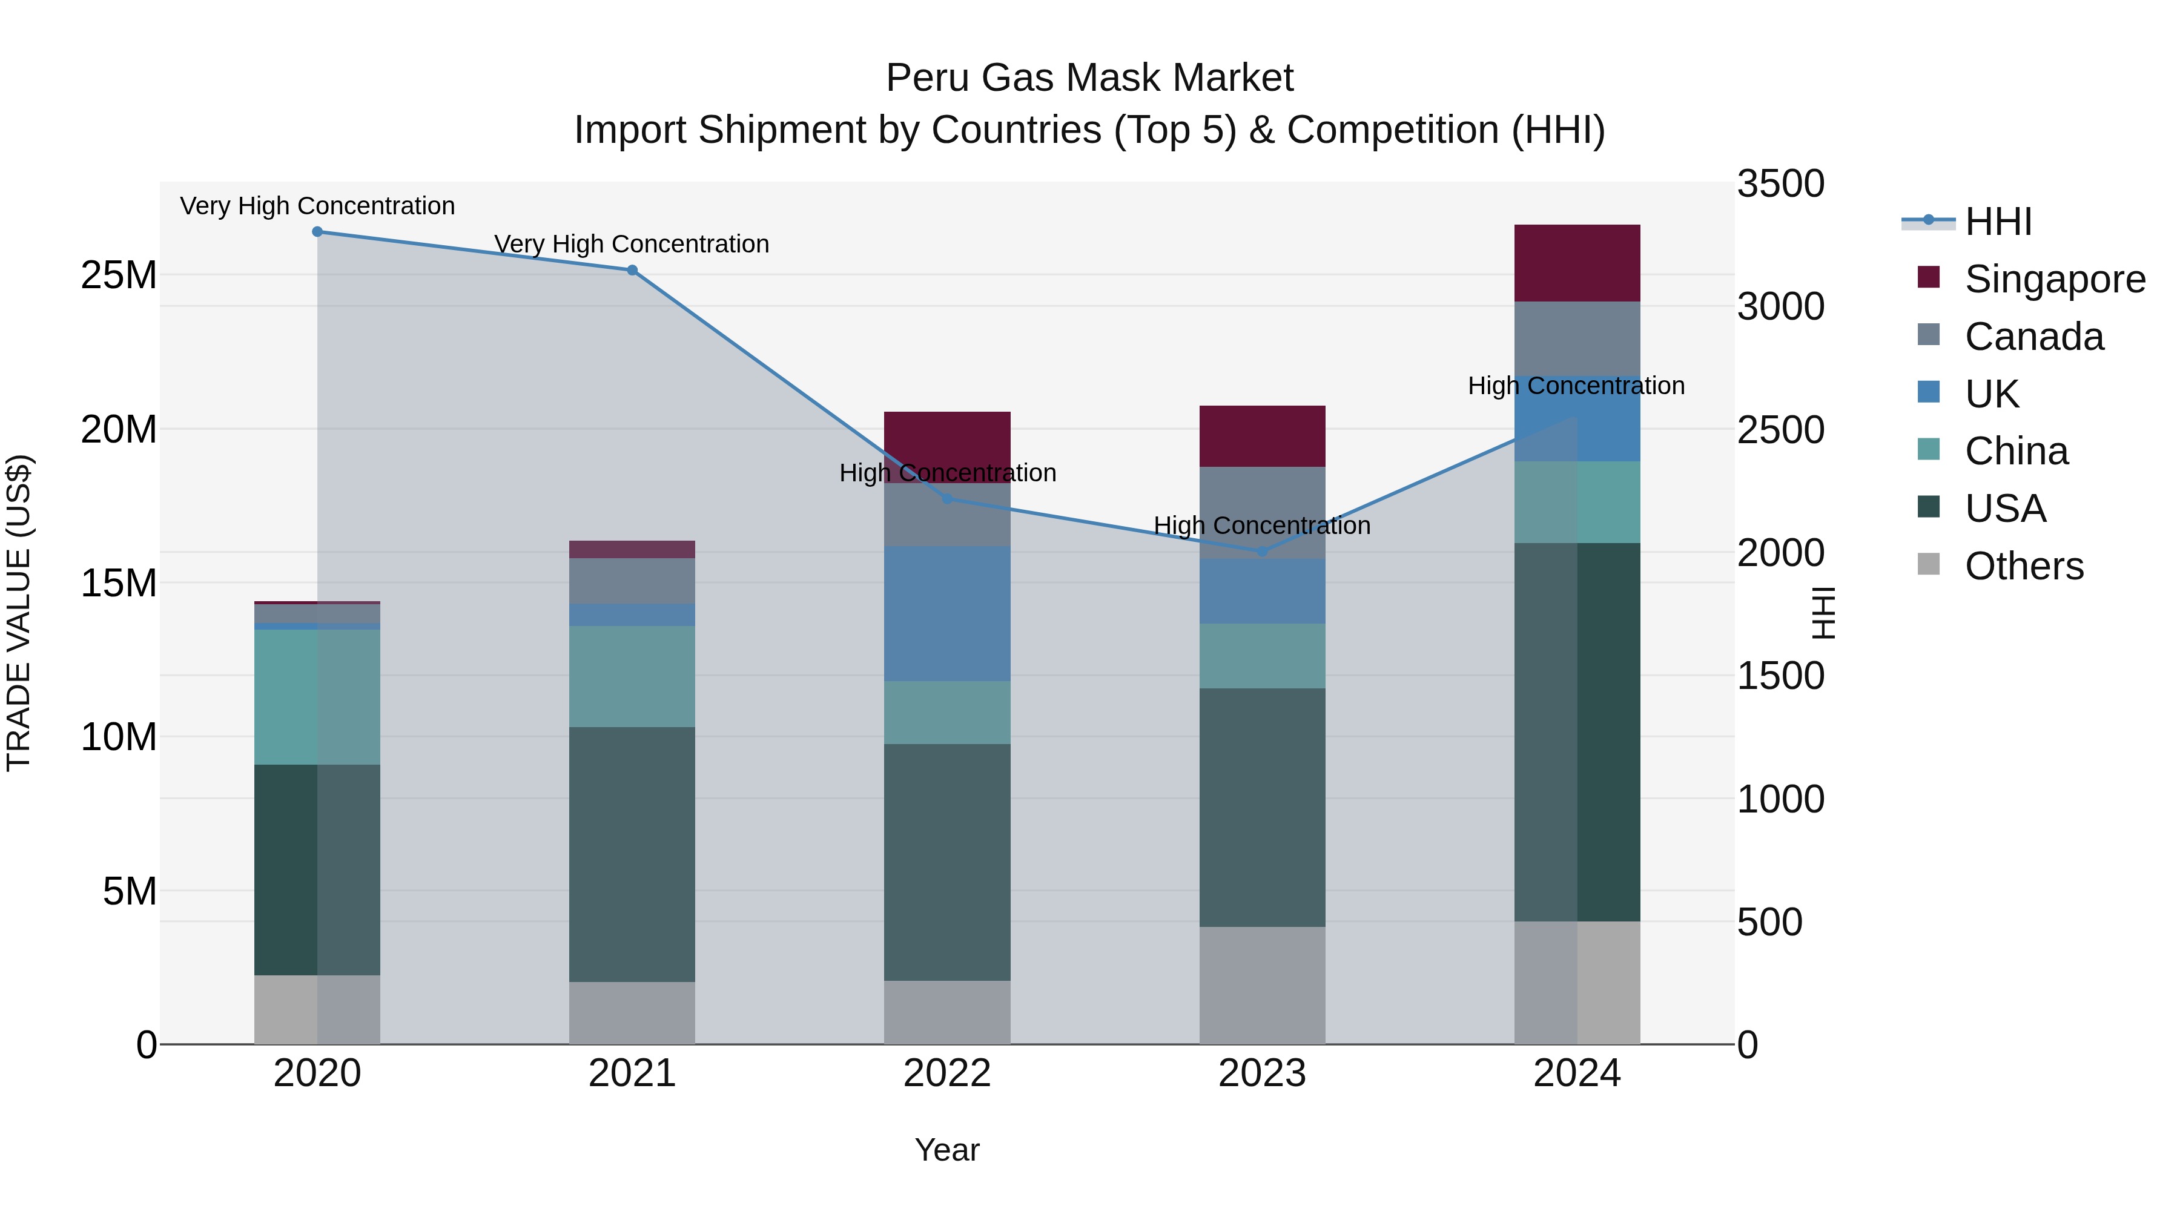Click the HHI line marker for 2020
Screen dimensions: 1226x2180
coord(317,232)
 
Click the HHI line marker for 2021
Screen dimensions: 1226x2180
coord(632,271)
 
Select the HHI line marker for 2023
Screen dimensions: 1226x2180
coord(1262,552)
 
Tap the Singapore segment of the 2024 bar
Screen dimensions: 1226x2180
coord(1577,263)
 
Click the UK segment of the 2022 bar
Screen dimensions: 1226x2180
coord(947,613)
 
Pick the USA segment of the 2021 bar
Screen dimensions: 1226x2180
coord(632,854)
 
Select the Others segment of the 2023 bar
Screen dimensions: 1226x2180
coord(1262,986)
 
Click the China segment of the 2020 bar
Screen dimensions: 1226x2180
coord(317,697)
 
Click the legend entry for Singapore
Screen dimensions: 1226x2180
coord(2054,279)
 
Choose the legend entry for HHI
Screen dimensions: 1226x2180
coord(1997,222)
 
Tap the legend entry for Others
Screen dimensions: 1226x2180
coord(2023,566)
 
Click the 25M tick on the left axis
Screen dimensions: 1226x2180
coord(119,275)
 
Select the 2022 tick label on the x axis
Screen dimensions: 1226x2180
coord(947,1073)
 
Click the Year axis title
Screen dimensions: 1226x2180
coord(947,1150)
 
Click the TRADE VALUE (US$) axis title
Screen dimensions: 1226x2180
coord(19,613)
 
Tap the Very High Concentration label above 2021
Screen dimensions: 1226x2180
coord(632,243)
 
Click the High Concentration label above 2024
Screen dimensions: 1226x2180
coord(1576,386)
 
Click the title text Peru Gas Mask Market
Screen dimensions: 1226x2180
coord(1089,78)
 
